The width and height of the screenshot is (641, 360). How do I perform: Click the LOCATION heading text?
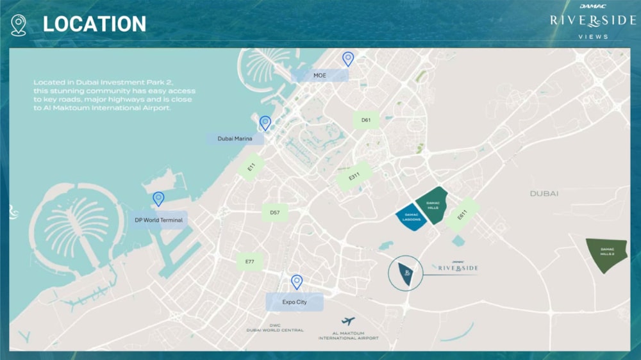(x=94, y=24)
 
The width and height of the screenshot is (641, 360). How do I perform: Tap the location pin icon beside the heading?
(x=19, y=25)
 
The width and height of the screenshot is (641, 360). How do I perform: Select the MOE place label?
(x=320, y=76)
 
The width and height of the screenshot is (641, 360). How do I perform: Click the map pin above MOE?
(x=348, y=59)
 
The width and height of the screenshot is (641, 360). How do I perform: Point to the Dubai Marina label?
(x=235, y=138)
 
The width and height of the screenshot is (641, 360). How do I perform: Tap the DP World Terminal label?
(x=158, y=220)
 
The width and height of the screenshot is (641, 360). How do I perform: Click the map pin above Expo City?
(x=297, y=282)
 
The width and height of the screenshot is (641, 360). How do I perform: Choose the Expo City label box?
(x=294, y=302)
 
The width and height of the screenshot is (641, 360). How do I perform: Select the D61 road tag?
(x=366, y=120)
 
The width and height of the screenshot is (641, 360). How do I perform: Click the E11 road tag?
(x=251, y=167)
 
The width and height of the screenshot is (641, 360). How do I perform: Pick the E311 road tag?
(x=354, y=176)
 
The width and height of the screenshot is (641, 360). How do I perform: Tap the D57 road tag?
(x=274, y=212)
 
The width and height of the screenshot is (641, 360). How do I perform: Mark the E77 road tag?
(x=249, y=261)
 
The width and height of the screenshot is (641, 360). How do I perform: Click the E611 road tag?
(x=462, y=216)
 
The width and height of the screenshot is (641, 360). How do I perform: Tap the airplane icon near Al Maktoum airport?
(x=348, y=321)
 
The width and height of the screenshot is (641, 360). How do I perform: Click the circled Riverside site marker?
(x=406, y=273)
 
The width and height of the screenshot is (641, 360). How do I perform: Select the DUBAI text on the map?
(x=544, y=193)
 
